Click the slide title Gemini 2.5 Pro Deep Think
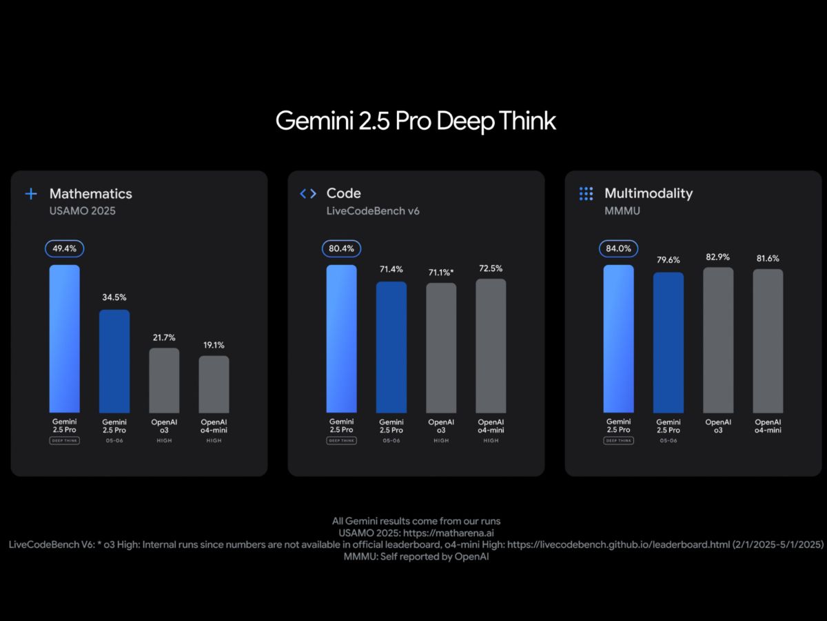pos(416,121)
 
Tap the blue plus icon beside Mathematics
pos(31,194)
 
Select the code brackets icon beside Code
pos(308,194)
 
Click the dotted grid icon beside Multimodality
pos(586,194)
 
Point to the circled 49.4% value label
pos(64,248)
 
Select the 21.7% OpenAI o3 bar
pos(164,380)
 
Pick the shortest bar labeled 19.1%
pos(214,384)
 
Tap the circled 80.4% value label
pos(341,248)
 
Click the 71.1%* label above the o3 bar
pos(441,272)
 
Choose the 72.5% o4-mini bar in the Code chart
pos(491,346)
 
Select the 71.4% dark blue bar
pos(391,347)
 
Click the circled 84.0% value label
pos(618,248)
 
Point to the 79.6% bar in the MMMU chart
pos(668,342)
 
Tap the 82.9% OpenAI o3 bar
pos(718,340)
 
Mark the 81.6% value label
pos(768,258)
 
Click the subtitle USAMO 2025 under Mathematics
pos(83,210)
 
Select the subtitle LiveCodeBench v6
pos(373,210)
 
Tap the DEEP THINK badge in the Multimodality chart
pos(618,440)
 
